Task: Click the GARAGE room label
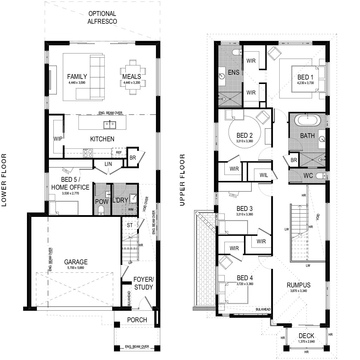[76, 262]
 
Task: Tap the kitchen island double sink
[110, 125]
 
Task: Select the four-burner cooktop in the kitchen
[88, 153]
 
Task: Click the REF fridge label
[119, 152]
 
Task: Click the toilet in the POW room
[101, 210]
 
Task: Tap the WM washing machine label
[131, 209]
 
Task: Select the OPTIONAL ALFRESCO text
[102, 17]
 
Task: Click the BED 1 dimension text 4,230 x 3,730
[305, 83]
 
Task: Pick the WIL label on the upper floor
[264, 175]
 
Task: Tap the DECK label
[306, 336]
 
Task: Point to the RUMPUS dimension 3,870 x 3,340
[298, 290]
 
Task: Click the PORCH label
[137, 319]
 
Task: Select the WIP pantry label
[58, 139]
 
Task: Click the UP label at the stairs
[130, 263]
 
